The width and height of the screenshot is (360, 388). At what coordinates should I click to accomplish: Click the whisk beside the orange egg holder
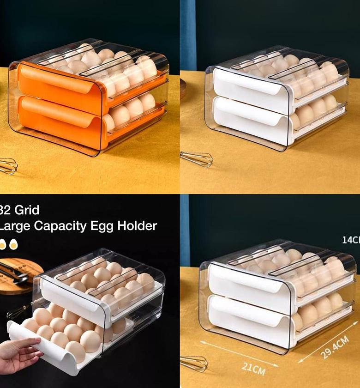[x=7, y=166]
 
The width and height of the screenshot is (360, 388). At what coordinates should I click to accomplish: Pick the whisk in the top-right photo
[x=196, y=159]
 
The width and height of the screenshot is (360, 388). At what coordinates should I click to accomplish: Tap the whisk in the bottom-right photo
[x=193, y=363]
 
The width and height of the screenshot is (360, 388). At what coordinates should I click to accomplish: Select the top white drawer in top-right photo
[x=249, y=85]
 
